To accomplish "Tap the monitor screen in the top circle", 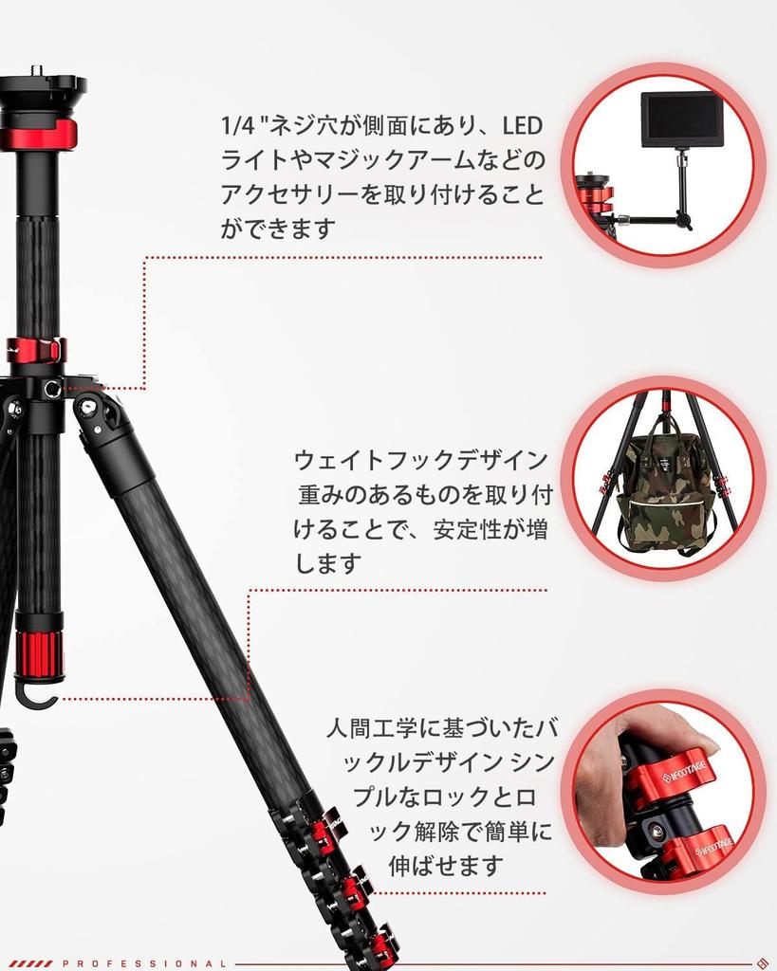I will click(x=681, y=119).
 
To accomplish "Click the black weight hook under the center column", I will click(x=37, y=696).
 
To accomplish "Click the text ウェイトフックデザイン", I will click(x=420, y=461).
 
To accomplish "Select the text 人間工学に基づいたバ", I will click(x=441, y=729).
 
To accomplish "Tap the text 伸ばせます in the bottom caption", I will click(x=445, y=865).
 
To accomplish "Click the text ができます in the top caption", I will click(x=279, y=229).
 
